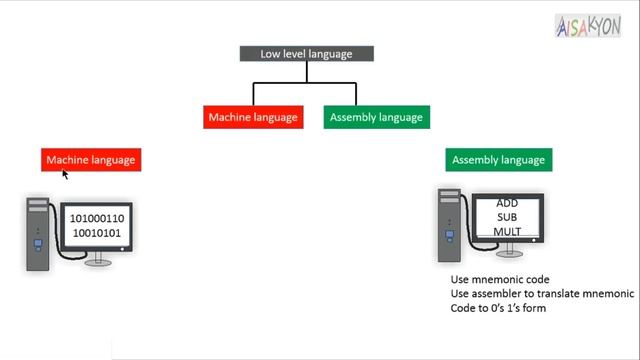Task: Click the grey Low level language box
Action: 306,54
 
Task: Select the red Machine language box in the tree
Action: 253,117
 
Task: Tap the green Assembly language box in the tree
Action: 377,117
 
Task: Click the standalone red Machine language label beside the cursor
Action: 91,160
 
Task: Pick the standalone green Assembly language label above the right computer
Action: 498,160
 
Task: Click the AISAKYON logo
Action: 587,26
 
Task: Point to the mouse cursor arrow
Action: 65,174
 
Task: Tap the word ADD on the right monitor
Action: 507,204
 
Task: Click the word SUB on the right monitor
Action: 507,218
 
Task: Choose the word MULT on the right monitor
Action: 507,232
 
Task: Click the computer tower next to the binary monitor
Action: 38,234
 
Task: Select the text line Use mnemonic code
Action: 500,279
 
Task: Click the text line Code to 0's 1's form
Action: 498,309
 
